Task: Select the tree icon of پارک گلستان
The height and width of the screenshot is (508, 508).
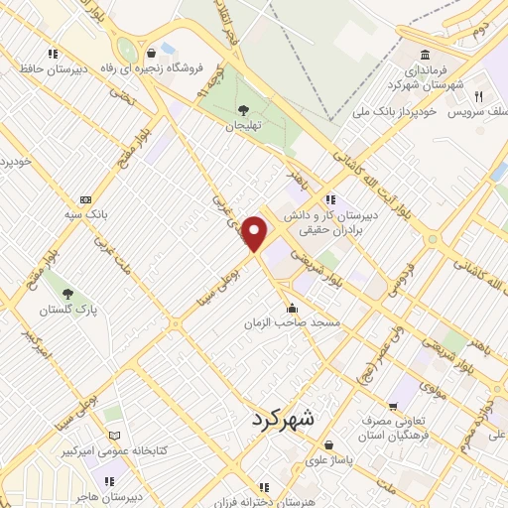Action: [x=67, y=294]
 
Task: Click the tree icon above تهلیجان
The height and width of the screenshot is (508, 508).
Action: [x=242, y=109]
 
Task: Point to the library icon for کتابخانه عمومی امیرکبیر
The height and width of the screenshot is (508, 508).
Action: [x=113, y=436]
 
